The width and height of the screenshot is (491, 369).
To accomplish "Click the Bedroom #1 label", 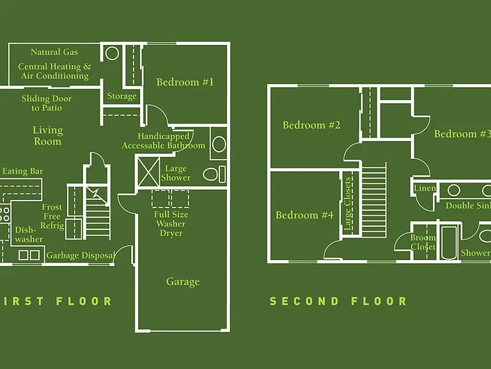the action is pyautogui.click(x=185, y=82).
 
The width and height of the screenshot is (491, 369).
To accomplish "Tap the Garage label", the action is pyautogui.click(x=183, y=282).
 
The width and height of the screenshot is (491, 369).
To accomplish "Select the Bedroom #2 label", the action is pyautogui.click(x=311, y=125).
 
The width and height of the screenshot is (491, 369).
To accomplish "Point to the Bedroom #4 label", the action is pyautogui.click(x=304, y=215).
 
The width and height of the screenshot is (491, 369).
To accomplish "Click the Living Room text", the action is pyautogui.click(x=47, y=136).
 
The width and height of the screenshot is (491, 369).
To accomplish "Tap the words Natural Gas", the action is pyautogui.click(x=54, y=52).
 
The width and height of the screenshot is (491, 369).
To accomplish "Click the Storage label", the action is pyautogui.click(x=122, y=96).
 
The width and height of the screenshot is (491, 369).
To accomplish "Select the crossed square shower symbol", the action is pyautogui.click(x=149, y=172).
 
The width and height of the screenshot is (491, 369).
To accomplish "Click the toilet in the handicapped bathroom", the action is pyautogui.click(x=214, y=174).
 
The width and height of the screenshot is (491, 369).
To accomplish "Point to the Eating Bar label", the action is pyautogui.click(x=23, y=171).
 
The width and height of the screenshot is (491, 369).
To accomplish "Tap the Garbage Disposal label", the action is pyautogui.click(x=81, y=256).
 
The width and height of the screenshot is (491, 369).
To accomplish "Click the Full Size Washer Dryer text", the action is pyautogui.click(x=171, y=224).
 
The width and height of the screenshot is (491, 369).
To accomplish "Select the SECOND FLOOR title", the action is pyautogui.click(x=338, y=301).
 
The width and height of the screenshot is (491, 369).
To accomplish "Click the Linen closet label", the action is pyautogui.click(x=425, y=188).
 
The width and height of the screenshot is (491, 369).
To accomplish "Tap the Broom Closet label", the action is pyautogui.click(x=423, y=242).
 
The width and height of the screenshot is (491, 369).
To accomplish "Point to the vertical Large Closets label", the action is pyautogui.click(x=348, y=204).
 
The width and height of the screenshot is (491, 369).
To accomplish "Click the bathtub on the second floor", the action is pyautogui.click(x=449, y=243).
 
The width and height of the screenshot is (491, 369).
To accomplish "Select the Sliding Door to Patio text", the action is pyautogui.click(x=47, y=104).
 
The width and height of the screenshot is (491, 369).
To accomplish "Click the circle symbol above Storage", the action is pyautogui.click(x=112, y=53).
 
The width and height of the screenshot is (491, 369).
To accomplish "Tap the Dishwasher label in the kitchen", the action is pyautogui.click(x=29, y=234).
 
